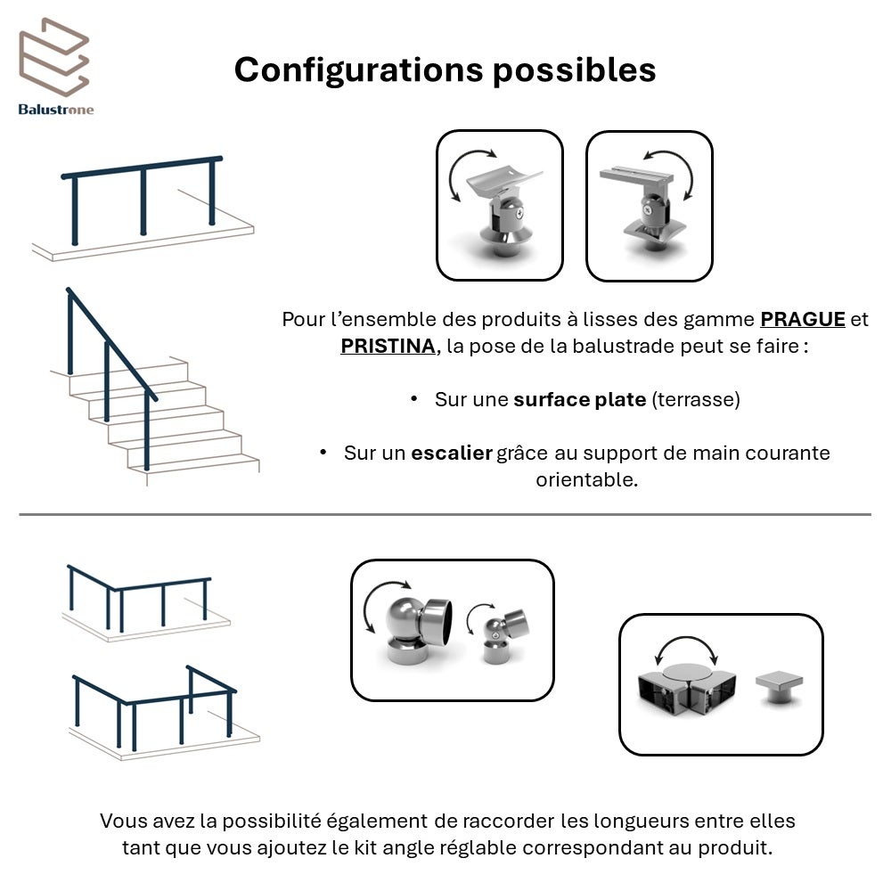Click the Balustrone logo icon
point(54,57)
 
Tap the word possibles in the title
point(575,70)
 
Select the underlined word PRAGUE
point(803,319)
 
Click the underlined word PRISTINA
point(388,346)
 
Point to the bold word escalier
point(452,453)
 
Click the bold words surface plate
point(580,399)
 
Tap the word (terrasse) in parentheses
point(696,399)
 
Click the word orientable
point(587,479)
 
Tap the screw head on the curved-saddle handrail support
point(519,213)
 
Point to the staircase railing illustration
point(153,387)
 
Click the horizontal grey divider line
point(445,515)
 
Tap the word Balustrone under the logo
point(55,110)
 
